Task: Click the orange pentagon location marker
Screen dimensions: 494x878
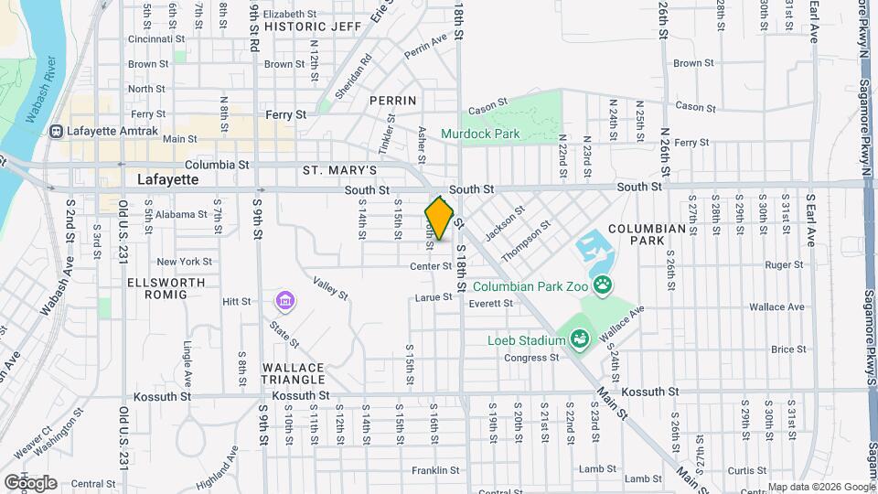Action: point(439,219)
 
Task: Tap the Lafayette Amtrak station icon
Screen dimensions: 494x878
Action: point(58,131)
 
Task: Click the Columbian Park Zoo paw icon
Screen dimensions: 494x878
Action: point(603,286)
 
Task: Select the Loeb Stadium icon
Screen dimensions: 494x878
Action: point(579,340)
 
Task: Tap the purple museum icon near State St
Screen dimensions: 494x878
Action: point(285,300)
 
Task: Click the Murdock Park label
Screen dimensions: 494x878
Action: point(480,134)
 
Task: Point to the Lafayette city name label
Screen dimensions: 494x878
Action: point(166,179)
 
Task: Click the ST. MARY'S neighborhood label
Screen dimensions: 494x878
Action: point(339,170)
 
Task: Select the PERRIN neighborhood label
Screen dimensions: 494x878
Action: point(393,100)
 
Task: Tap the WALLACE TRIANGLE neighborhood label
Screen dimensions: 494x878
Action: point(294,372)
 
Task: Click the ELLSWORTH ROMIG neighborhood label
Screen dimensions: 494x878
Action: point(157,287)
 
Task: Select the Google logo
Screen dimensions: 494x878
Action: point(31,482)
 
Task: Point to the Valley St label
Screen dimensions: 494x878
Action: point(330,289)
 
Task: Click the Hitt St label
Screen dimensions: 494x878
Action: point(236,300)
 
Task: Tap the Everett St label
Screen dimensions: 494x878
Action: point(492,304)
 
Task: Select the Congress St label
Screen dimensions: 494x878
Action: point(530,358)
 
